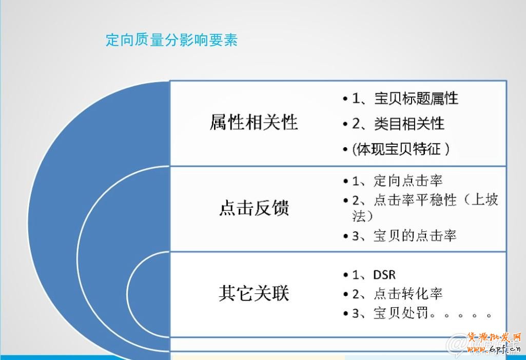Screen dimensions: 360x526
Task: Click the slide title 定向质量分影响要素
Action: click(171, 40)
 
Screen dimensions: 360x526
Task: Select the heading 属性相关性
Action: click(254, 123)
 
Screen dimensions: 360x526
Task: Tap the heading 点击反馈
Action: click(254, 208)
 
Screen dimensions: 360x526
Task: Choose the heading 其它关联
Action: click(254, 293)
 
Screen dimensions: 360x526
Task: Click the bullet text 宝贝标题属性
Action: click(416, 98)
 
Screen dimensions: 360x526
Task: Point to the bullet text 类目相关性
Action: click(409, 123)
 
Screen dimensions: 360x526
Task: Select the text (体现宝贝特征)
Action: click(401, 149)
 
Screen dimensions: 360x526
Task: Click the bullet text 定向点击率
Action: click(408, 181)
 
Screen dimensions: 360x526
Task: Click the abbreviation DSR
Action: click(385, 275)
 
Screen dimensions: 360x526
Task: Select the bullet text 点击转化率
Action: click(408, 294)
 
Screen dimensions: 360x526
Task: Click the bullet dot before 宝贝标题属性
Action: click(345, 98)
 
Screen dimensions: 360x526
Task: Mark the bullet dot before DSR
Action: click(345, 276)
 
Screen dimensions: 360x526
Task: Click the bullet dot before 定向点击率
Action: click(345, 181)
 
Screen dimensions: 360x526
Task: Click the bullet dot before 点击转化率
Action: click(345, 294)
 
